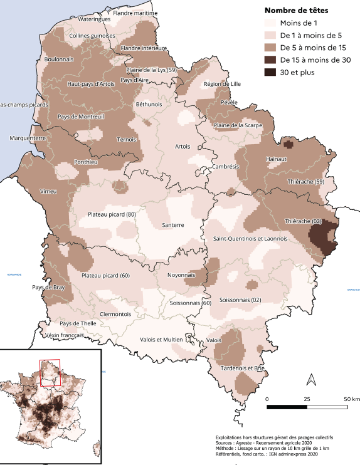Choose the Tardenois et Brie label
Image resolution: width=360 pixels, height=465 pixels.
[x=237, y=368]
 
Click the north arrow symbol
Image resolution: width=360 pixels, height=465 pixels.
[x=310, y=379]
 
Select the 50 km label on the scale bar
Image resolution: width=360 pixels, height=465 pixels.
[x=351, y=399]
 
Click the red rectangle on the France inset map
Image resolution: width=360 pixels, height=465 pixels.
[x=50, y=373]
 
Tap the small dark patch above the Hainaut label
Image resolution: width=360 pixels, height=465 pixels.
[x=289, y=144]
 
